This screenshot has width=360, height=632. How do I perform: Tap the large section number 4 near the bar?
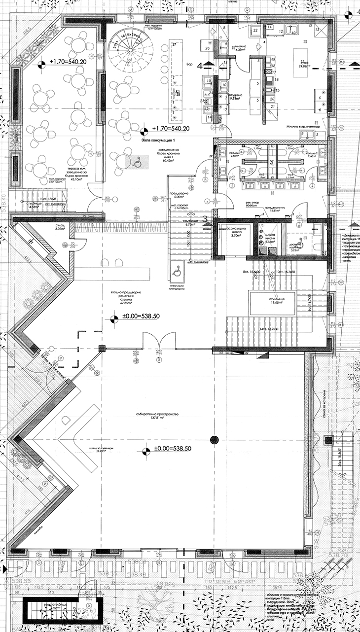click(200, 65)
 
